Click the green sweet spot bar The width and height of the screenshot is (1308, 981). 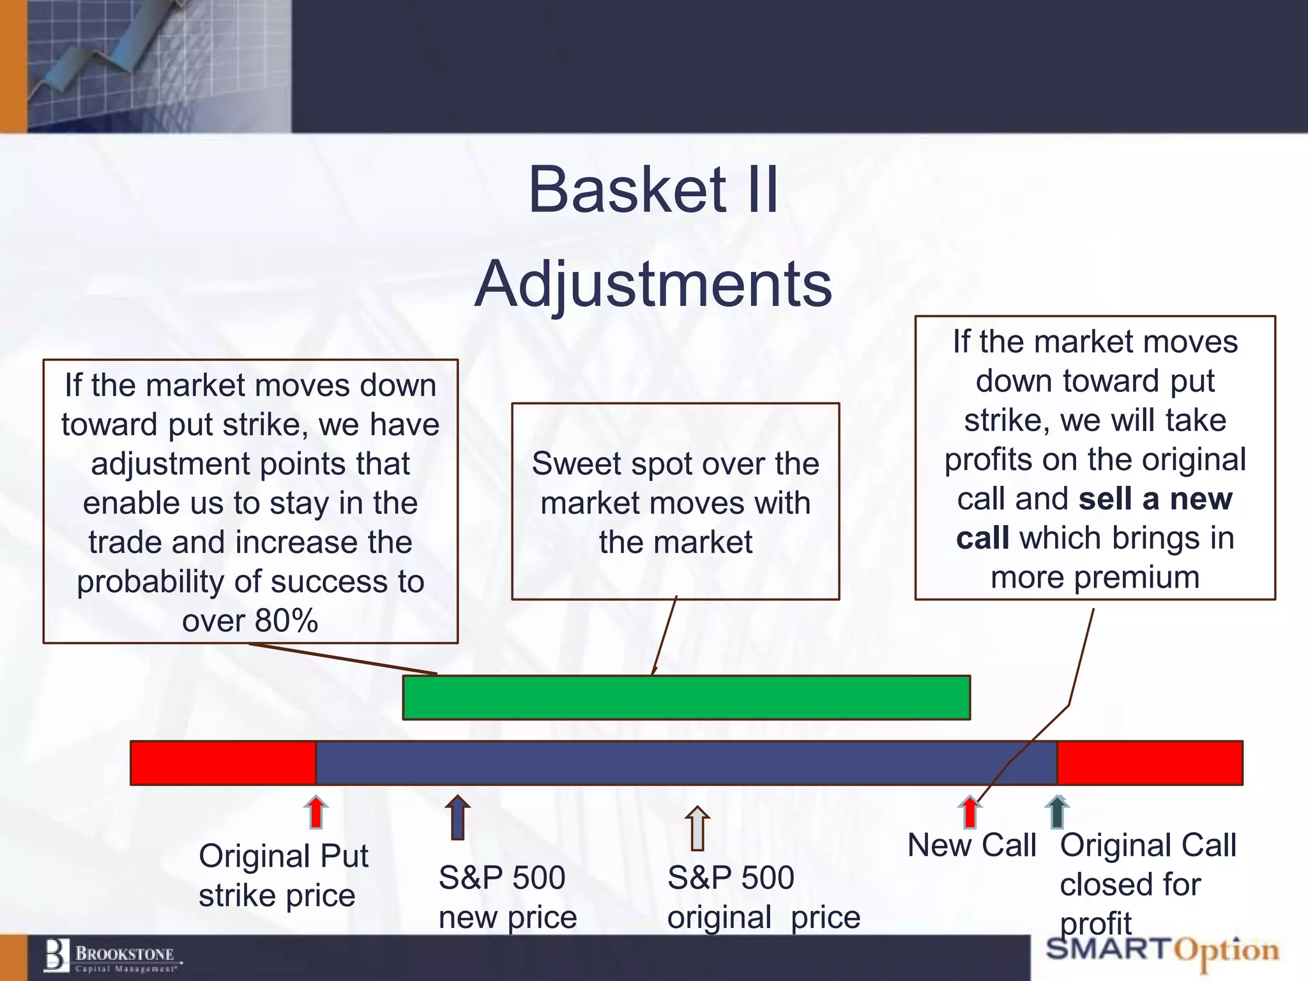686,697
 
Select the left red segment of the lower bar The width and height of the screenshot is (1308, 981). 223,763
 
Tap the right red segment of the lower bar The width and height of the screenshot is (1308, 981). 1150,763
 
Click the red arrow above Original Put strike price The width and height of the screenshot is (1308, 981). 316,812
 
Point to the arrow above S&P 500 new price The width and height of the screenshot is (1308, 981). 457,817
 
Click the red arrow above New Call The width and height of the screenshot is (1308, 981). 970,812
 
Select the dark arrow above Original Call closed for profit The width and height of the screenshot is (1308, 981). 1057,812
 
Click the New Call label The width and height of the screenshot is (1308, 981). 971,845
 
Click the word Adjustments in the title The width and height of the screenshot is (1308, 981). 653,284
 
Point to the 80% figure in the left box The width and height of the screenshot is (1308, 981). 285,620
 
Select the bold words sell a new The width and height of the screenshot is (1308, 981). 1155,499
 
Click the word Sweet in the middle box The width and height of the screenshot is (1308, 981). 574,464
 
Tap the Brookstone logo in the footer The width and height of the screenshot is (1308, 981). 112,956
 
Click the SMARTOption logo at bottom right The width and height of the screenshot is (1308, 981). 1162,950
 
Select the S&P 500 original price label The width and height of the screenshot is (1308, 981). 763,897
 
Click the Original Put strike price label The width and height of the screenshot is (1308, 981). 283,875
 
